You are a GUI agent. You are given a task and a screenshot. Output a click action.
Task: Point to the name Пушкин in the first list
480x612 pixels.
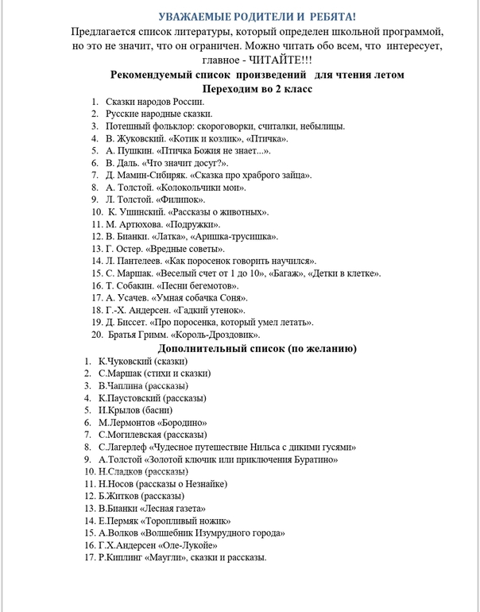click(x=135, y=150)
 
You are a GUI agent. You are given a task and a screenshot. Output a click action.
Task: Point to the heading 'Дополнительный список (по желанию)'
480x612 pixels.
click(x=257, y=348)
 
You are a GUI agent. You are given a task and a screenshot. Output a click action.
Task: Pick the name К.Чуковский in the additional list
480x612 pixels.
click(x=125, y=361)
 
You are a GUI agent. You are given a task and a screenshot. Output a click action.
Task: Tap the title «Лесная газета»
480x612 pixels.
click(x=172, y=508)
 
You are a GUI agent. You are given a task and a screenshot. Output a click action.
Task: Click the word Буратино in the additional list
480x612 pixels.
click(x=313, y=459)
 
